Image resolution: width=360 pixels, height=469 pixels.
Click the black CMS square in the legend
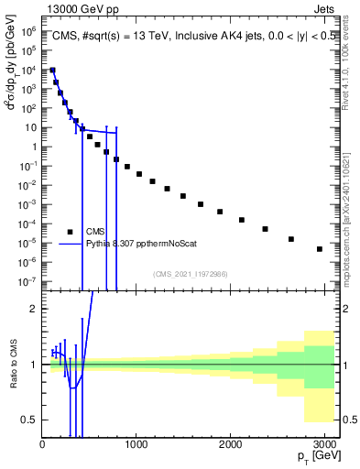coord(71,231)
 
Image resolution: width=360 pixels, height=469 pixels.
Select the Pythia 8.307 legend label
coord(142,244)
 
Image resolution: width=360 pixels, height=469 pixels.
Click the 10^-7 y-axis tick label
coord(29,282)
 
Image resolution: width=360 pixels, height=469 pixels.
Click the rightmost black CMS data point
coord(320,249)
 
